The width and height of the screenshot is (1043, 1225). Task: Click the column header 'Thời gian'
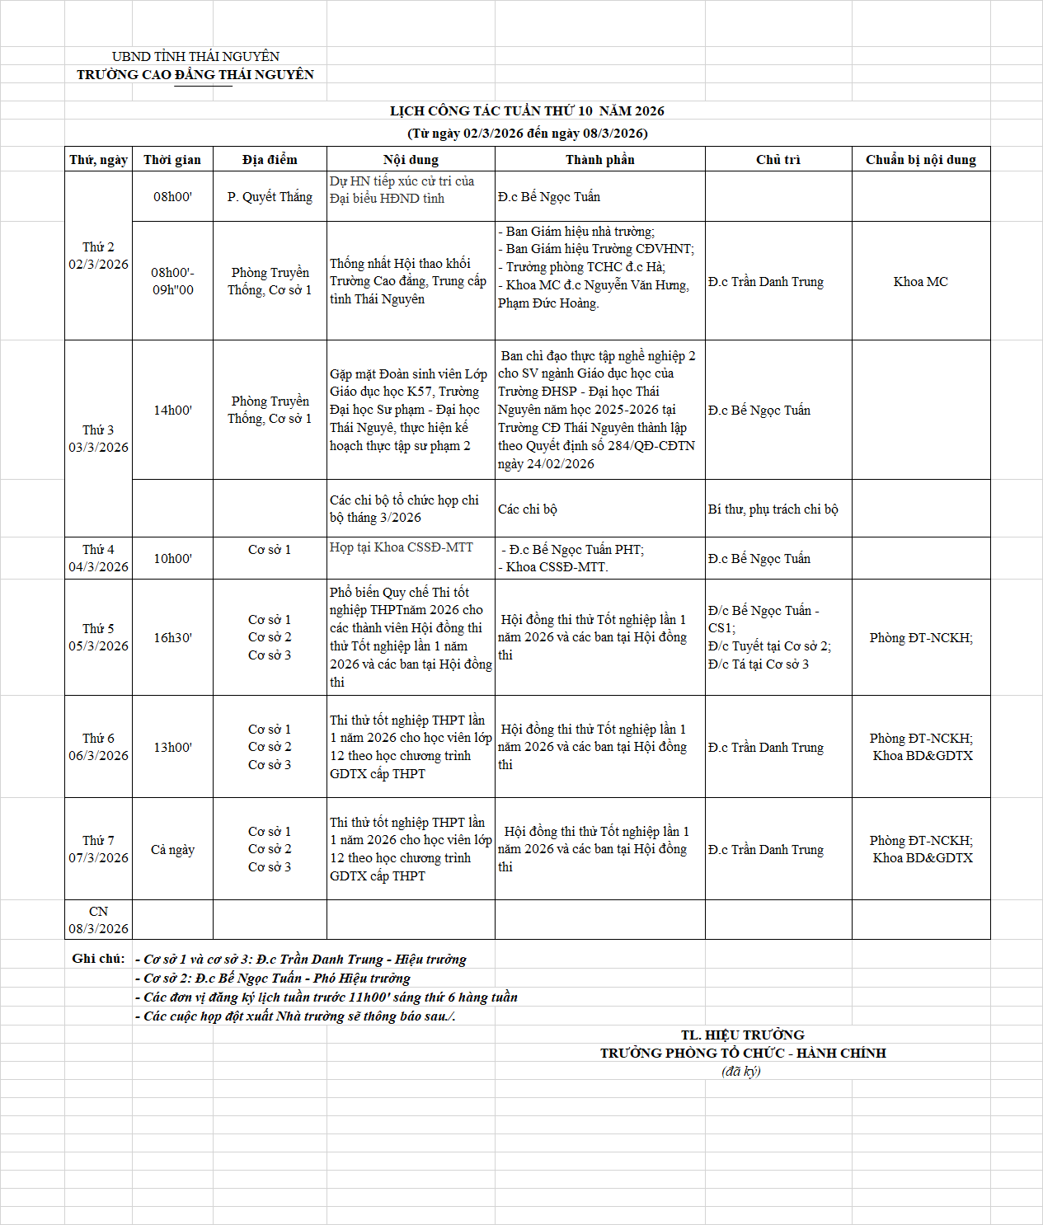tap(172, 160)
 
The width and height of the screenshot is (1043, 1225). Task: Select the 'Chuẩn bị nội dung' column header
tap(920, 160)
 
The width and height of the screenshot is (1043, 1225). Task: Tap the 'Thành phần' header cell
tap(599, 160)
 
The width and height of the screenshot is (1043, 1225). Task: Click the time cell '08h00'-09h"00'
tap(172, 281)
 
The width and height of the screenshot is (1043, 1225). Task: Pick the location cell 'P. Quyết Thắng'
tap(270, 197)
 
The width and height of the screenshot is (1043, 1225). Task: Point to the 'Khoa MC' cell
tap(920, 282)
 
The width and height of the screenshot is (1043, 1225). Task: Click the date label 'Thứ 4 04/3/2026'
tap(98, 558)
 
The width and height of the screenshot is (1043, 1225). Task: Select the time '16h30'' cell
tap(172, 638)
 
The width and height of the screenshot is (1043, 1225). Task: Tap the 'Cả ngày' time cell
tap(172, 850)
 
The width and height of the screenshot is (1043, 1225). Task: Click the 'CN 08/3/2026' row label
tap(98, 920)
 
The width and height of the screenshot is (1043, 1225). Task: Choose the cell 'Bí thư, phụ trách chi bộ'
tap(773, 509)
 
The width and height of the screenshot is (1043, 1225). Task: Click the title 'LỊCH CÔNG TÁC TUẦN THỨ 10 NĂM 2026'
tap(527, 111)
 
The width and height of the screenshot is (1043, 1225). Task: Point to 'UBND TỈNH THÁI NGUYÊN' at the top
tap(195, 57)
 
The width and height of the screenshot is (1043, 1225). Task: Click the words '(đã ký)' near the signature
tap(740, 1072)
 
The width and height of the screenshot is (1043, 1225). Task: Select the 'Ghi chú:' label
tap(98, 959)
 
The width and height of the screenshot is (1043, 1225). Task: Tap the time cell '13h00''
tap(172, 748)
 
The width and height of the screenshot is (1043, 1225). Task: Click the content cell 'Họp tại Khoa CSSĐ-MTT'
tap(401, 547)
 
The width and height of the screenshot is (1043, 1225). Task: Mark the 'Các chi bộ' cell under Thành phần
tap(528, 509)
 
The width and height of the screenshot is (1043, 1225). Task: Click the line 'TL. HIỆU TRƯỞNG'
tap(742, 1035)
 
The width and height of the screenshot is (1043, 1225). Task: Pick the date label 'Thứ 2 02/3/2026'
tap(98, 256)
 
